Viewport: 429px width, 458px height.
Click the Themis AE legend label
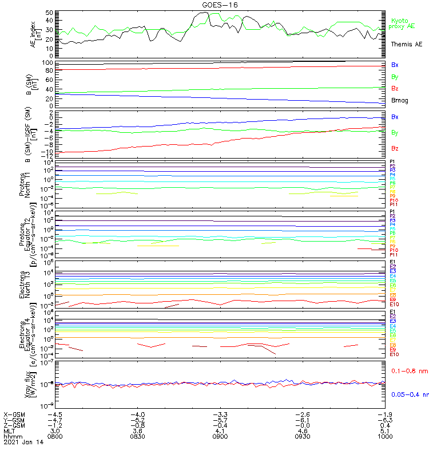(x=406, y=44)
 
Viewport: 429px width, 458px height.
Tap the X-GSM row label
(x=15, y=414)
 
